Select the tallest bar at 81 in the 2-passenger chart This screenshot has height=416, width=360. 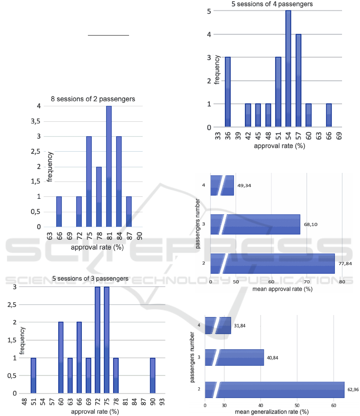[x=109, y=166]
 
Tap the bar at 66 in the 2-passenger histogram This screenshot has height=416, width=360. [x=59, y=212]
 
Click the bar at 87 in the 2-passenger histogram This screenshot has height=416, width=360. [x=129, y=212]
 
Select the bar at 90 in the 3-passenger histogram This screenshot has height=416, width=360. [x=153, y=376]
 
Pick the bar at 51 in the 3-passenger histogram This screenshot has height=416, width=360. [x=34, y=376]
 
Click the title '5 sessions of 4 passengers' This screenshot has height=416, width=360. [x=272, y=4]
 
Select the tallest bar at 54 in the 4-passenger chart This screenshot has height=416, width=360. [x=288, y=69]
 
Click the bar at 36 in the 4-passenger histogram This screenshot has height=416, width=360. [x=228, y=92]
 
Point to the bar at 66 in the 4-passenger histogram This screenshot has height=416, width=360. [x=328, y=116]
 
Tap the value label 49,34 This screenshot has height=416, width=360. [x=244, y=185]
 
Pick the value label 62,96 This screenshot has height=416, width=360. [x=352, y=388]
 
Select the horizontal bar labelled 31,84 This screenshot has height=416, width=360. [x=218, y=325]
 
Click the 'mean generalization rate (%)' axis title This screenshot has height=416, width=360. [x=272, y=412]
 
